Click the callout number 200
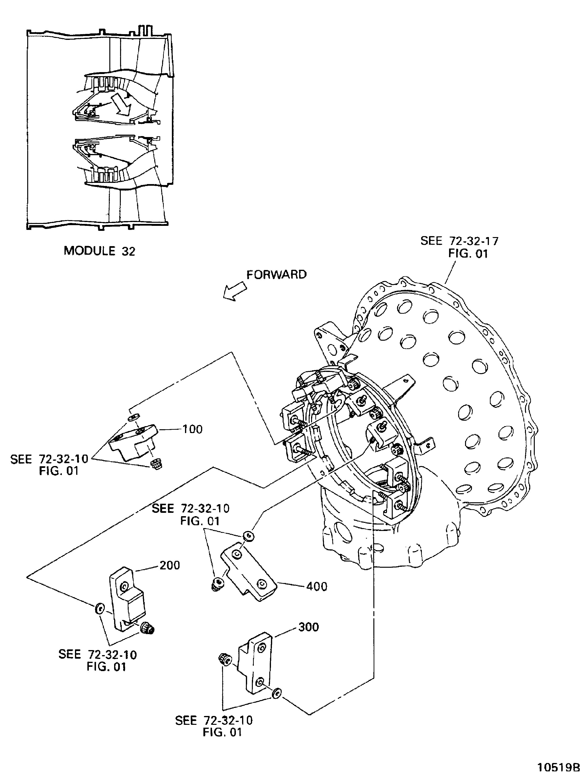pyautogui.click(x=170, y=565)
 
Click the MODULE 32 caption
pyautogui.click(x=99, y=251)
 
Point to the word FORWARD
pyautogui.click(x=276, y=275)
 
